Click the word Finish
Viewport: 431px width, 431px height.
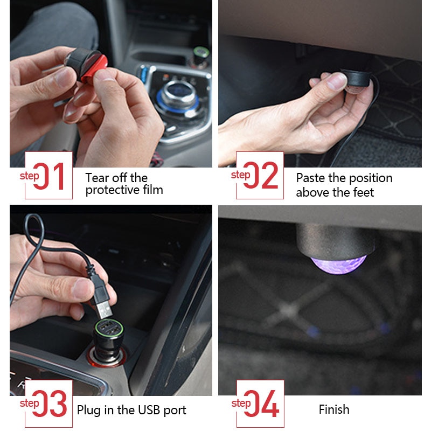334,410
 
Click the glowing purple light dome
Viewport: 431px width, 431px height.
338,264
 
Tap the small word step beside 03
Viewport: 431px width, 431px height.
29,403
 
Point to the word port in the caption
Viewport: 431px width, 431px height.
174,411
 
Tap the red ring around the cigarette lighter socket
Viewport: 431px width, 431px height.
94,358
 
